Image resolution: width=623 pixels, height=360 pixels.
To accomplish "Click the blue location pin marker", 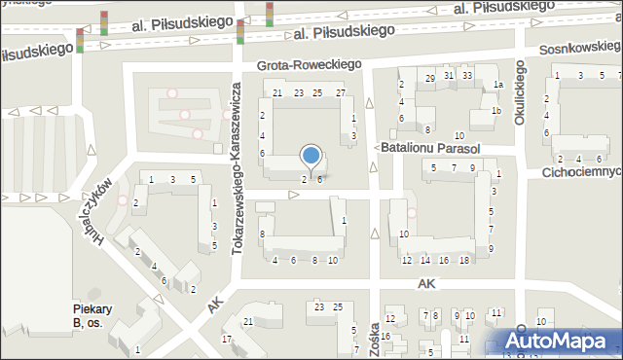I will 311,156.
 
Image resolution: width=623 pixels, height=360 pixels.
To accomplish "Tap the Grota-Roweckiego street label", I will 309,64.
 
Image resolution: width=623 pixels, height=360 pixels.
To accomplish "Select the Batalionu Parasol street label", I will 432,149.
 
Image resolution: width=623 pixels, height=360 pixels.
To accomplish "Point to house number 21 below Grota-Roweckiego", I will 277,93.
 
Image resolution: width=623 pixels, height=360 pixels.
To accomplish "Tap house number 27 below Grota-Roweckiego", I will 340,93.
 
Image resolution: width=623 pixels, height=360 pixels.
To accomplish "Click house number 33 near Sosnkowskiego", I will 467,76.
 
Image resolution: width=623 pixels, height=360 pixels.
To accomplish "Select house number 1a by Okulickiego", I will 497,86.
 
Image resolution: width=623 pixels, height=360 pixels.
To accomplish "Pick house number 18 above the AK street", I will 463,260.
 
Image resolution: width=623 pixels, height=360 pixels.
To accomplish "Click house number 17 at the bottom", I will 227,339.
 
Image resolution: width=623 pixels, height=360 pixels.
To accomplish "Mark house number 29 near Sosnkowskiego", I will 430,78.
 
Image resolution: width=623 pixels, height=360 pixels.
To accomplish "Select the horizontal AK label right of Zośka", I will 426,283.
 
